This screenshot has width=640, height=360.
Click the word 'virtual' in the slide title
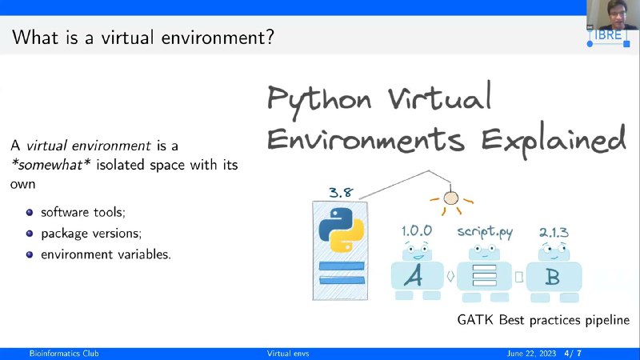pyautogui.click(x=128, y=38)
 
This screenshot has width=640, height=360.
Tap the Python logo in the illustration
pyautogui.click(x=342, y=230)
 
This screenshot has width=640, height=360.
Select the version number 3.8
pyautogui.click(x=341, y=192)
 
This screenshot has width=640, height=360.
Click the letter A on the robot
pyautogui.click(x=414, y=276)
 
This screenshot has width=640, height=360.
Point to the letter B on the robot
pyautogui.click(x=553, y=277)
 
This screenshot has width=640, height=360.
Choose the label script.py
pyautogui.click(x=485, y=232)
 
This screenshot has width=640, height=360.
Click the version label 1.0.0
pyautogui.click(x=416, y=230)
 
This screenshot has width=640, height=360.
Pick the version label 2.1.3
pyautogui.click(x=554, y=232)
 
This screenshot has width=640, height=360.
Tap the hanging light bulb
pyautogui.click(x=451, y=198)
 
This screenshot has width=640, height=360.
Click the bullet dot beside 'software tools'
pyautogui.click(x=30, y=212)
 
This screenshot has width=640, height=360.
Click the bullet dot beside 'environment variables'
pyautogui.click(x=30, y=254)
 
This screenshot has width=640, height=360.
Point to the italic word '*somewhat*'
pyautogui.click(x=51, y=165)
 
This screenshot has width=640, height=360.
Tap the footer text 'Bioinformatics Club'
pyautogui.click(x=64, y=354)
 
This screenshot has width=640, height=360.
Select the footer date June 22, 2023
pyautogui.click(x=531, y=354)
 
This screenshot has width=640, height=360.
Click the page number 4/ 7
pyautogui.click(x=573, y=354)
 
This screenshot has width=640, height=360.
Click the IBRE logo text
pyautogui.click(x=608, y=35)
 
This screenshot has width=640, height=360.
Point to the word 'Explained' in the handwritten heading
pyautogui.click(x=554, y=139)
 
